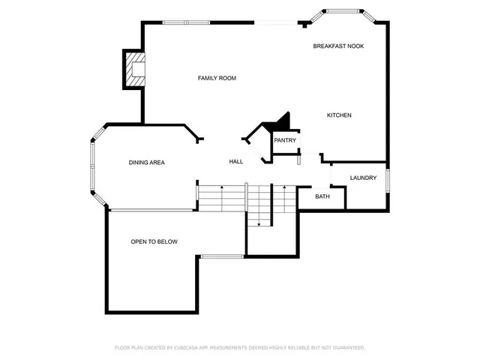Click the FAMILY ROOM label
click(x=217, y=78)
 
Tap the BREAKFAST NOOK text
click(x=338, y=46)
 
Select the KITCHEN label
click(x=339, y=115)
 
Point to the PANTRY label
click(x=285, y=140)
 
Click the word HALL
click(x=236, y=162)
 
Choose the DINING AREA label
click(x=146, y=162)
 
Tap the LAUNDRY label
click(x=363, y=178)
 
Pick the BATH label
click(x=322, y=196)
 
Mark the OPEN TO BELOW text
click(x=154, y=241)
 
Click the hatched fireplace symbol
click(x=135, y=70)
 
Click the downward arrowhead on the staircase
click(x=259, y=223)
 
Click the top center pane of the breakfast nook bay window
click(x=342, y=11)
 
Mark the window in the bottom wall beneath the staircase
click(x=221, y=256)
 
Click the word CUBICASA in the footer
click(x=190, y=348)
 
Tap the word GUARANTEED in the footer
click(x=346, y=348)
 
